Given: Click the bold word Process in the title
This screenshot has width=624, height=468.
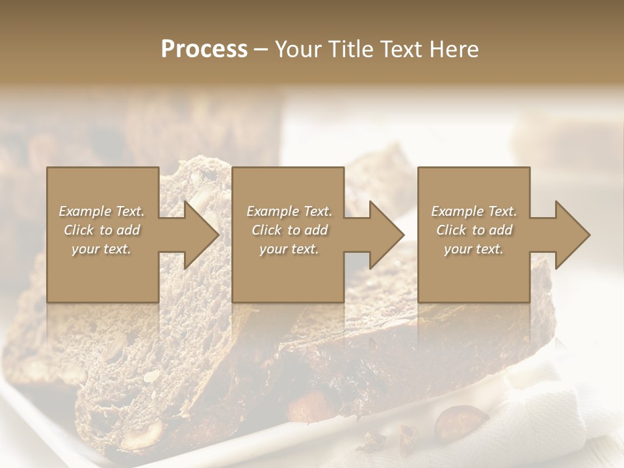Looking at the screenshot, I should coord(204,49).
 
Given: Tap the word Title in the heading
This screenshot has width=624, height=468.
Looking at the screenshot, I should coord(350,49).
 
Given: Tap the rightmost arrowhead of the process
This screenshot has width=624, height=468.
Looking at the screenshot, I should coord(573,235).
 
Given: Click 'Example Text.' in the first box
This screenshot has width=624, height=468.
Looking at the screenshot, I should coord(102,211).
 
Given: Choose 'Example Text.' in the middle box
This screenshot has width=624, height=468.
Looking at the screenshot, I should coord(289,211).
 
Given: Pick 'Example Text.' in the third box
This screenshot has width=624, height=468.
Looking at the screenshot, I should coord(474,211).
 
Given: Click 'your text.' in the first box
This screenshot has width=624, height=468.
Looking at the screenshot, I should coord(101,249).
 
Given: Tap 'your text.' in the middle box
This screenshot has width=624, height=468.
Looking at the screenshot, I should coord(289,249).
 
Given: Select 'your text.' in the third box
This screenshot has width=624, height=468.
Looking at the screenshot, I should coord(473,249).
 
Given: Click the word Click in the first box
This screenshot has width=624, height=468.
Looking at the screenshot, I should coord(79,230).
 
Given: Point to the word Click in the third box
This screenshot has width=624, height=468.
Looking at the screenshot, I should coord(451,230).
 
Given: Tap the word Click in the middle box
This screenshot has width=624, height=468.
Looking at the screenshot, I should coord(266,230).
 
